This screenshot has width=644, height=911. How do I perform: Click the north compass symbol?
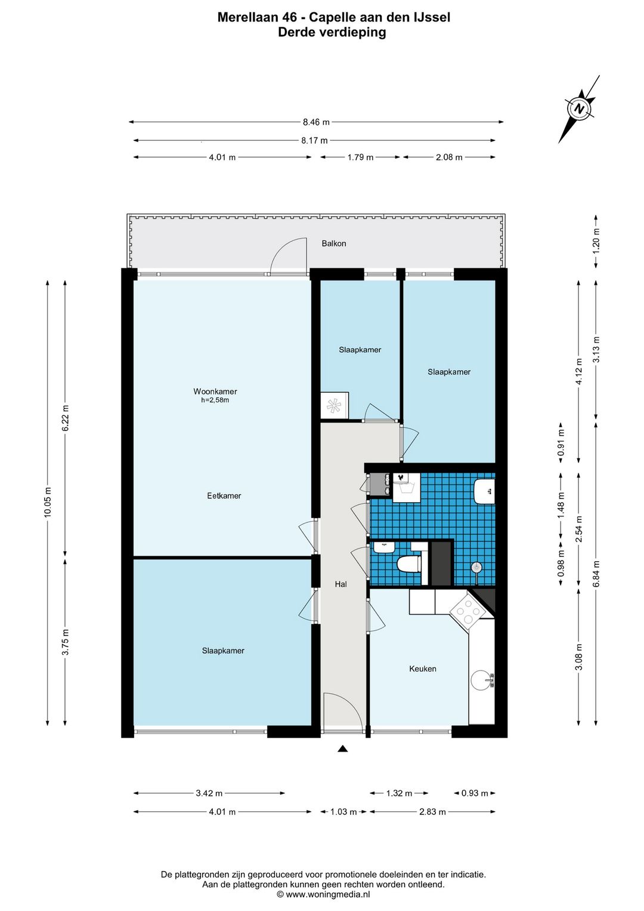[x=579, y=109]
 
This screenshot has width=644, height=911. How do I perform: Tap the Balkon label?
[x=333, y=244]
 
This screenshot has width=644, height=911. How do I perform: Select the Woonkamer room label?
[x=215, y=391]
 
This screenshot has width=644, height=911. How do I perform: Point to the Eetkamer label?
[x=224, y=495]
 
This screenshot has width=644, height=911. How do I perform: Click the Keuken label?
[x=423, y=669]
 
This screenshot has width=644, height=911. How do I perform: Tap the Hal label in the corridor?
[x=341, y=584]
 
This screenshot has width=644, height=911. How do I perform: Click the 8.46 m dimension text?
[x=316, y=122]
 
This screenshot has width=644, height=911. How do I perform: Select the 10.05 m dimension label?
[x=48, y=503]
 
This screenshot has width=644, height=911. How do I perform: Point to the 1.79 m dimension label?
[x=360, y=157]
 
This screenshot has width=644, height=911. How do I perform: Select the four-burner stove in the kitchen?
[x=466, y=612]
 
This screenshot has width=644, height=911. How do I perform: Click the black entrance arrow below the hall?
[x=343, y=749]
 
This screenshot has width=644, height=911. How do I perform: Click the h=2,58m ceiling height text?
[x=215, y=400]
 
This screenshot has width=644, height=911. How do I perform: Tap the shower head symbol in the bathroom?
[x=476, y=567]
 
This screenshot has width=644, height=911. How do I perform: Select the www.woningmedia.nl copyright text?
[x=323, y=894]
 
